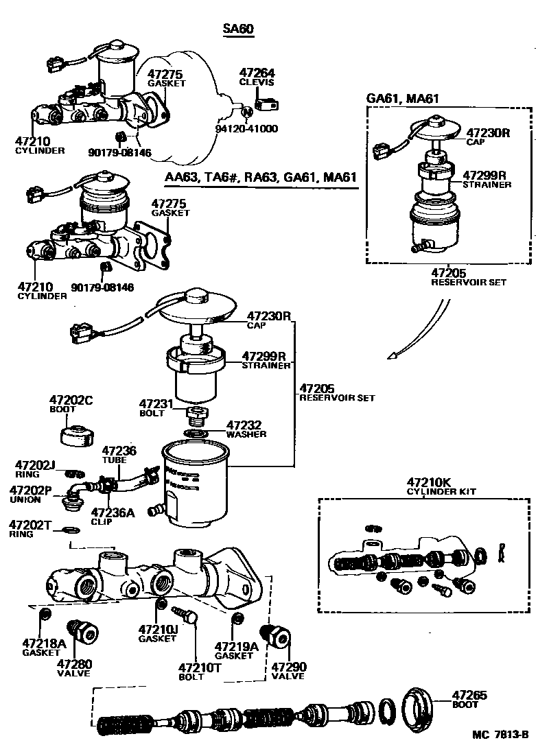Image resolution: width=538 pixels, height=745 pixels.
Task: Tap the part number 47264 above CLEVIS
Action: pos(257,73)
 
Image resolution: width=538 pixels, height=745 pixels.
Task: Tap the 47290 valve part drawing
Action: pos(277,636)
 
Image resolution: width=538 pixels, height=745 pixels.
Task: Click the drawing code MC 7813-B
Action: pos(503,735)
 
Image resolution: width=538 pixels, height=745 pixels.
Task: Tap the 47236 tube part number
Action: pos(119,451)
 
